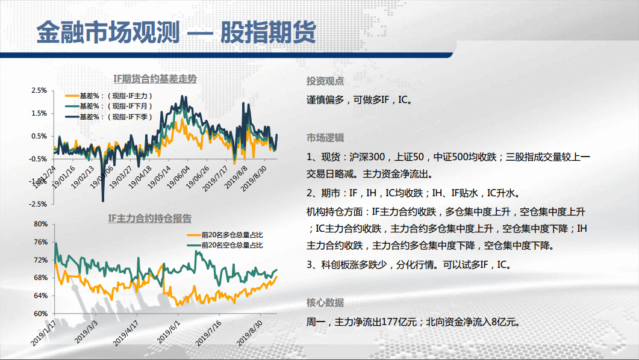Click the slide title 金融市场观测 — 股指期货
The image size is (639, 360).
176,32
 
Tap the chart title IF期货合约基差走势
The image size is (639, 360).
155,79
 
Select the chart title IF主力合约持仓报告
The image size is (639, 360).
149,219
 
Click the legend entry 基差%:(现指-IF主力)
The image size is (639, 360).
109,96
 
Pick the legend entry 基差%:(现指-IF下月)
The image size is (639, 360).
109,107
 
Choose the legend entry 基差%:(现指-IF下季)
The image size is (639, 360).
109,117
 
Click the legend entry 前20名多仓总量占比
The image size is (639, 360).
225,235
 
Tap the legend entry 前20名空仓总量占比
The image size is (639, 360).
225,245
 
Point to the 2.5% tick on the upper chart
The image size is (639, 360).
39,90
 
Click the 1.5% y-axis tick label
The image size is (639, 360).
39,113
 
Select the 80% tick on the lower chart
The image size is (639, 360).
41,224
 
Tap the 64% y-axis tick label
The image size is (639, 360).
41,296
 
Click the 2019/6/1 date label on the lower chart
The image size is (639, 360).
168,331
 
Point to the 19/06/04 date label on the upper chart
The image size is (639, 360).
178,177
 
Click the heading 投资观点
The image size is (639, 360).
325,81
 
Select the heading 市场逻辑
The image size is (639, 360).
325,138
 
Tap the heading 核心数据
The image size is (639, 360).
325,303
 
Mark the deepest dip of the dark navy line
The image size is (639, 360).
103,201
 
